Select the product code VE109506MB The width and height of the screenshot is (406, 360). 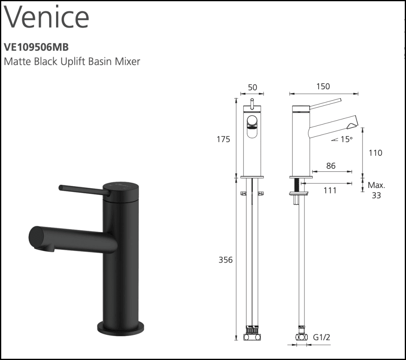(36, 47)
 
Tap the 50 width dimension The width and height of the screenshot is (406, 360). (253, 88)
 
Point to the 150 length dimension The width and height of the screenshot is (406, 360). (323, 86)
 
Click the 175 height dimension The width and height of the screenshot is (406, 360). (223, 139)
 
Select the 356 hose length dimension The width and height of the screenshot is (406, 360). (226, 260)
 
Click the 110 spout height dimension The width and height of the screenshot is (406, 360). (376, 153)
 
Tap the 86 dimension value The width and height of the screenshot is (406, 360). (331, 166)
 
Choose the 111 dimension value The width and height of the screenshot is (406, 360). (330, 190)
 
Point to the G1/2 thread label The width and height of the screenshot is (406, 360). (321, 337)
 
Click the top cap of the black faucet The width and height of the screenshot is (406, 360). (121, 188)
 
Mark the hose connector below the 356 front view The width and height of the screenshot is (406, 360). (252, 336)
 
